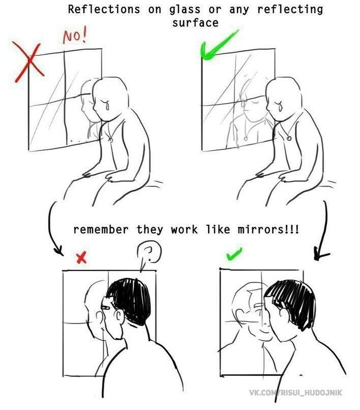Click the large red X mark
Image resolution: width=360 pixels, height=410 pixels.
[x=29, y=61]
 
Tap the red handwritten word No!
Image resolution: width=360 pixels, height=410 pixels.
[x=75, y=37]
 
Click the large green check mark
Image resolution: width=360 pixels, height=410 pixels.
[x=219, y=45]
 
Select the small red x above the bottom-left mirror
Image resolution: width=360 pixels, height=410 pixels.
[x=81, y=258]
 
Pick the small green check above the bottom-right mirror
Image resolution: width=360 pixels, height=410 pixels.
[x=234, y=254]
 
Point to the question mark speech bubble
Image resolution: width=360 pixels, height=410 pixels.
[x=148, y=255]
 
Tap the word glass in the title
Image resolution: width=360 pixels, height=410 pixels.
[x=185, y=10]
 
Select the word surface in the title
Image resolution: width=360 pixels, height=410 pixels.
[x=195, y=23]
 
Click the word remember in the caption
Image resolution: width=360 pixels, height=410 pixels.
[x=101, y=230]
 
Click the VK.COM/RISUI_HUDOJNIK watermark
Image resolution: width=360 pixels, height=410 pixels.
[x=295, y=393]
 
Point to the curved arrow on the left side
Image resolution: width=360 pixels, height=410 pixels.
[x=50, y=230]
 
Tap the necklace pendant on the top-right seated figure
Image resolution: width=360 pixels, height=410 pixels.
[x=289, y=138]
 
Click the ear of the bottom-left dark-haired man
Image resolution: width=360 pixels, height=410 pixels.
[x=119, y=317]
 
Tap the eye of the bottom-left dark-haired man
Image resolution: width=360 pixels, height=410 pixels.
[x=106, y=307]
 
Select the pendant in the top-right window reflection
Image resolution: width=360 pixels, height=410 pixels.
[x=246, y=138]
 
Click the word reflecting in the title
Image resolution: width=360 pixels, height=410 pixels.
[x=290, y=10]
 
